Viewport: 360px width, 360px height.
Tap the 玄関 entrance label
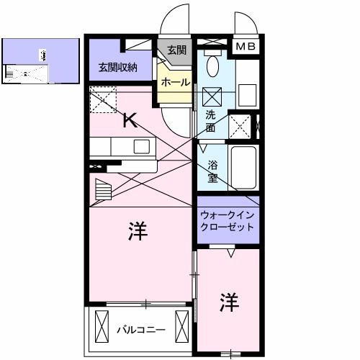click(176, 50)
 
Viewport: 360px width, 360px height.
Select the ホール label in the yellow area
click(176, 83)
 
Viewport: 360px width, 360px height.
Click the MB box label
click(246, 46)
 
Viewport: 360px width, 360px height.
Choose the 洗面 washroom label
click(210, 121)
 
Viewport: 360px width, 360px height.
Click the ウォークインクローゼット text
click(228, 220)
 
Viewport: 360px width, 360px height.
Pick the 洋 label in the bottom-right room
click(228, 300)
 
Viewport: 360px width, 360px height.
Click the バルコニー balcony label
click(141, 330)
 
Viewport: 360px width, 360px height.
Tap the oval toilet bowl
click(213, 67)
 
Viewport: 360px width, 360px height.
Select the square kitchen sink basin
click(141, 147)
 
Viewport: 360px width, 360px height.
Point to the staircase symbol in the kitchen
click(104, 191)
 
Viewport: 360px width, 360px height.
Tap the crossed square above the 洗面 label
click(213, 96)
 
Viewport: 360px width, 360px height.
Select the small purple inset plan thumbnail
click(40, 61)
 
